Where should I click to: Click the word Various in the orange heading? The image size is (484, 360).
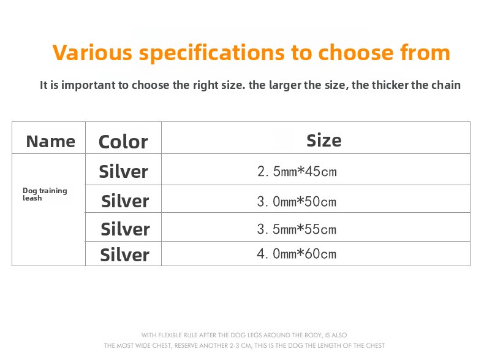pos(93,52)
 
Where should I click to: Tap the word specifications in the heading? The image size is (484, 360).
pos(211,53)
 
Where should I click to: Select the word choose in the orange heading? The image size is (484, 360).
pos(355,52)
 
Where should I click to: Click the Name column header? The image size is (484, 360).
pos(51,142)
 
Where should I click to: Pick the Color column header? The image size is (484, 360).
pos(123,142)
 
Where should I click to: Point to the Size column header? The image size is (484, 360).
pos(324,140)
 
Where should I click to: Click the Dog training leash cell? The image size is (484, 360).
pos(45,194)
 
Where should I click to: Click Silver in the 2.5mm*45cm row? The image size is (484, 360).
pos(124,171)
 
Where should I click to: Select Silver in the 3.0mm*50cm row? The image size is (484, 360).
pos(125,201)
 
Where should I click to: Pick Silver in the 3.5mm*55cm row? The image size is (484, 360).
pos(125,229)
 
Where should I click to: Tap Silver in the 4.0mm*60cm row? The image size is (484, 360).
pos(125,255)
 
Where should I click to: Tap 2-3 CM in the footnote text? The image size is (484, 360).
pos(241,345)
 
